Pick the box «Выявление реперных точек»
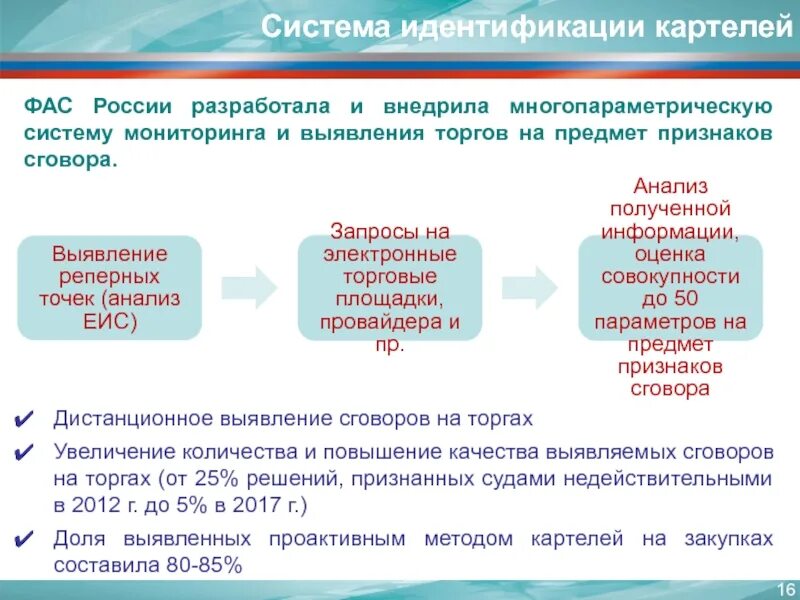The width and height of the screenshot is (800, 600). (110, 287)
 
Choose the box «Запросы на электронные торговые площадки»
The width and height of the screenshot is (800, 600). (390, 287)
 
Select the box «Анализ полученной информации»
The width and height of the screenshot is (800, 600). (671, 287)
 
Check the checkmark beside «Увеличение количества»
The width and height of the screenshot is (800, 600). (29, 452)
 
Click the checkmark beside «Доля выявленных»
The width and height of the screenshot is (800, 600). (29, 540)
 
